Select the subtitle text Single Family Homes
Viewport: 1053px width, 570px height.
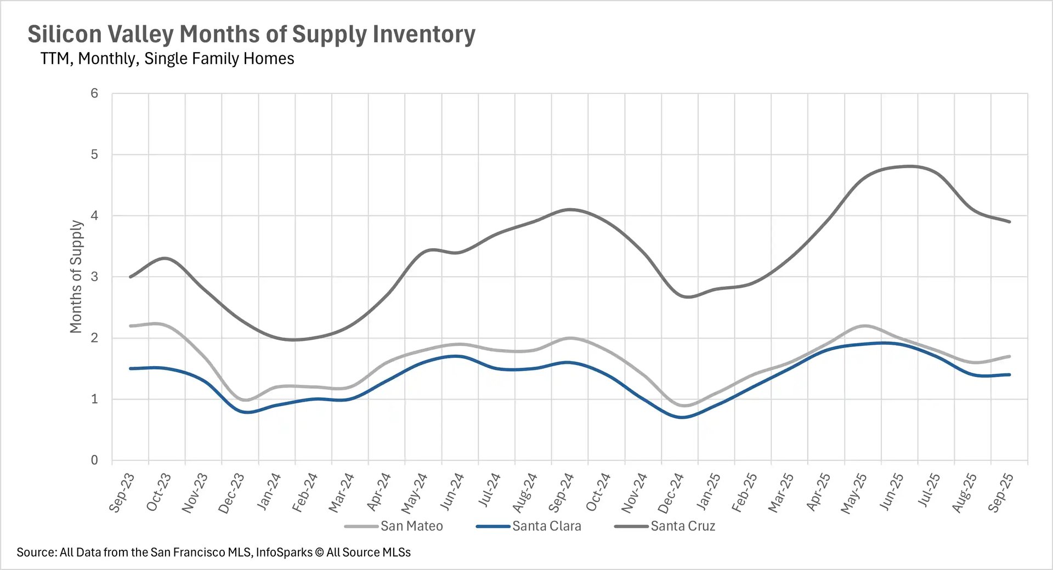pyautogui.click(x=219, y=59)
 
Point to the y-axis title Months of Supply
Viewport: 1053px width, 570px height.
pyautogui.click(x=76, y=277)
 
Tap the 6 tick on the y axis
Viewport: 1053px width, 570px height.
pyautogui.click(x=94, y=94)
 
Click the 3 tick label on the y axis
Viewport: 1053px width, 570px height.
pyautogui.click(x=94, y=277)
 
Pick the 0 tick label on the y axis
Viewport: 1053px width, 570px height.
pyautogui.click(x=94, y=460)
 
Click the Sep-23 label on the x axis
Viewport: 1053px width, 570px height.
pyautogui.click(x=122, y=492)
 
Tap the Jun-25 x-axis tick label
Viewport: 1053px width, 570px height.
pyautogui.click(x=891, y=492)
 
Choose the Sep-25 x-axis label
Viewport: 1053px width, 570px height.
pyautogui.click(x=1001, y=492)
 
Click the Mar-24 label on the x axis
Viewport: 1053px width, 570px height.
pyautogui.click(x=341, y=493)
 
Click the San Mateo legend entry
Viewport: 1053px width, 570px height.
pyautogui.click(x=411, y=526)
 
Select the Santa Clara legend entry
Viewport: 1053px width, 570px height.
pyautogui.click(x=546, y=526)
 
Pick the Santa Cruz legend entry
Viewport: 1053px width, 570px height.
pyautogui.click(x=683, y=526)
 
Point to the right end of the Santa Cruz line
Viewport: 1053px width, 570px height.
pyautogui.click(x=1010, y=222)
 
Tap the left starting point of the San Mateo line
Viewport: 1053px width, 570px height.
pyautogui.click(x=131, y=326)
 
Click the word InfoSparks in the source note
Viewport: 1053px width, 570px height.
pyautogui.click(x=284, y=552)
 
